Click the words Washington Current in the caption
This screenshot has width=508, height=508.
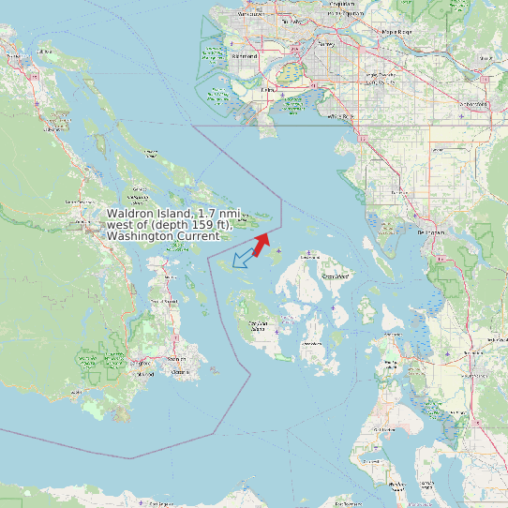[163, 236]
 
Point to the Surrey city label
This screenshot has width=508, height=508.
[326, 44]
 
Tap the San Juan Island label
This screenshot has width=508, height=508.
[259, 325]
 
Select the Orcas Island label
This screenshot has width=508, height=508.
[335, 276]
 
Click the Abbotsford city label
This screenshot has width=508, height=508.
[471, 103]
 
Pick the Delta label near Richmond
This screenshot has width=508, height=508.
[269, 90]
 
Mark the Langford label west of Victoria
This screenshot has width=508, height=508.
[143, 372]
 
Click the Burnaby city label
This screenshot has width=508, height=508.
[290, 21]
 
